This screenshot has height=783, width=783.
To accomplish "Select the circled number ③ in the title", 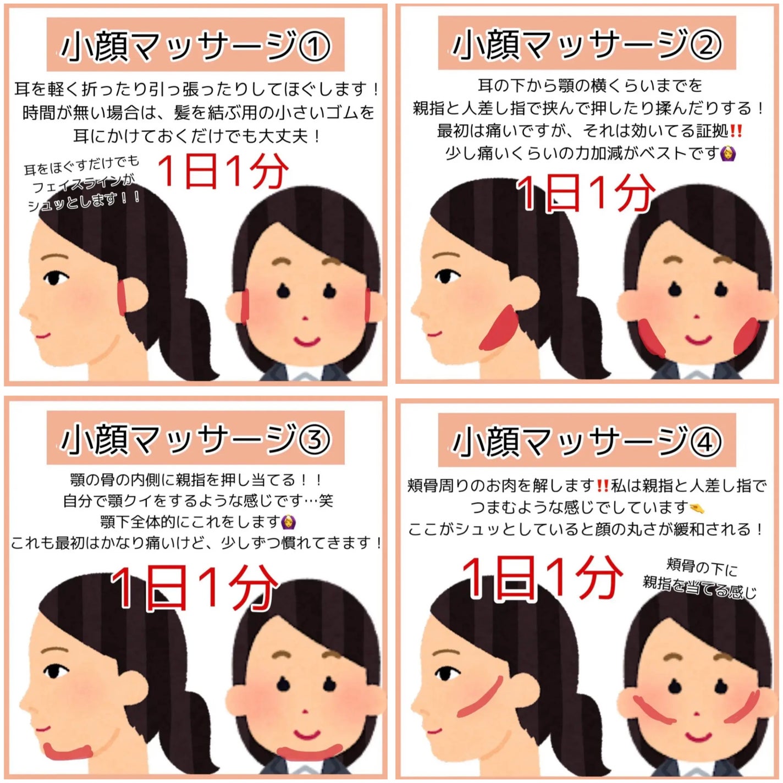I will pos(314,440).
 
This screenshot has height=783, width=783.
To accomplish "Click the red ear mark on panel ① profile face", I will pos(122,297).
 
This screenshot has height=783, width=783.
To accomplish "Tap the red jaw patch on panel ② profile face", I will pos(498,329).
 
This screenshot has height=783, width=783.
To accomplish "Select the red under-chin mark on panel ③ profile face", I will pos(68,751).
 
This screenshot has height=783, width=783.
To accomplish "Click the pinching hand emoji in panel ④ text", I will pos(697,508).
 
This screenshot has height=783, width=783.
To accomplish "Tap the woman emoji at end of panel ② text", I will pos(729,153).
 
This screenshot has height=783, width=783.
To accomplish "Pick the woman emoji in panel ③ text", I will pos(287,521).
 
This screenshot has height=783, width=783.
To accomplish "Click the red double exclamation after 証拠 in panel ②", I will pos(736,131).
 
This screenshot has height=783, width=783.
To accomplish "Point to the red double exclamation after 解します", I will pos(603,486).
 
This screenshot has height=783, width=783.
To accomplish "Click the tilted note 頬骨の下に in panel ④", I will pos(702,566).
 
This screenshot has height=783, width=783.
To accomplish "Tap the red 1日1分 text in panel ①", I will pos(223,171).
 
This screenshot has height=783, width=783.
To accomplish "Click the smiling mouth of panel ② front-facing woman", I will pos(698,338).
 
